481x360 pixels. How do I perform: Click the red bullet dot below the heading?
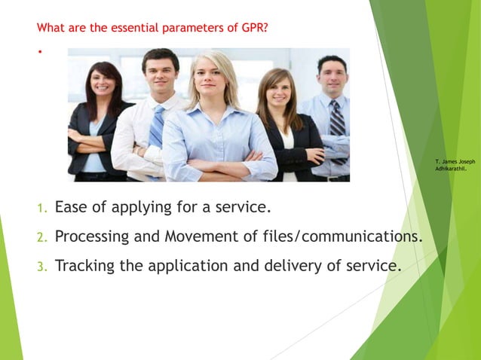[39, 52]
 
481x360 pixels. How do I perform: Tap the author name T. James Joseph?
[455, 161]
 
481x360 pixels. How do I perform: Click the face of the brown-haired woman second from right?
[278, 91]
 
